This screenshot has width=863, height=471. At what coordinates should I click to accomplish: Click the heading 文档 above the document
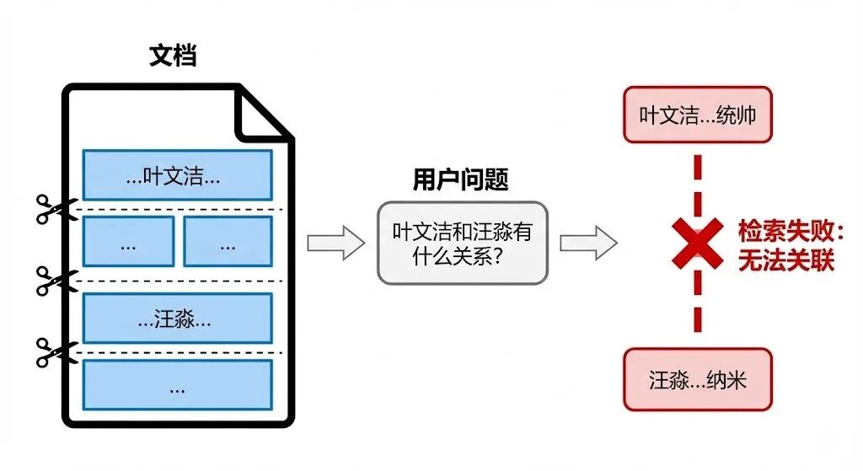click(x=173, y=56)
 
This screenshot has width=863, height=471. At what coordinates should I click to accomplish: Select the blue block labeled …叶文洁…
click(x=177, y=175)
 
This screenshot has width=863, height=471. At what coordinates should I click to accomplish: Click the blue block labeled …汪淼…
click(x=177, y=318)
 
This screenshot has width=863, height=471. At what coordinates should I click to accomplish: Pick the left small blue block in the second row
click(x=128, y=242)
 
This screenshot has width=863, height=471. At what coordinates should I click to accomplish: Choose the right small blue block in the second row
click(x=228, y=242)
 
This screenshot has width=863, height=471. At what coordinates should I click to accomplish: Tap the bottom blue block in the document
click(x=177, y=385)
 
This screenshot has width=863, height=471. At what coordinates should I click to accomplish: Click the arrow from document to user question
click(x=335, y=244)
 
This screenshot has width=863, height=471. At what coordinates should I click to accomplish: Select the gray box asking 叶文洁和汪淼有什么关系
click(x=462, y=243)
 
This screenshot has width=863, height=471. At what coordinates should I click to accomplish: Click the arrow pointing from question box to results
click(x=588, y=244)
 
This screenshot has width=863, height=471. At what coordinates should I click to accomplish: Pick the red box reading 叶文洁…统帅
click(x=697, y=115)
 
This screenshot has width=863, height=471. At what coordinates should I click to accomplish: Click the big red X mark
click(x=697, y=244)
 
